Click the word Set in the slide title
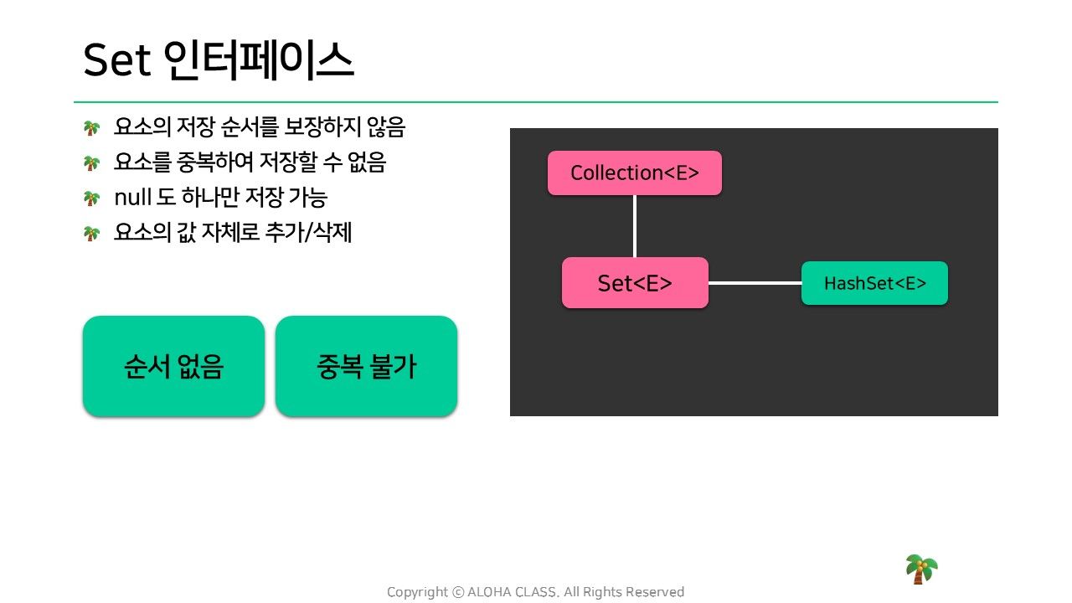[117, 60]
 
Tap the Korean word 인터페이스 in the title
[259, 60]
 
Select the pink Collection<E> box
[635, 173]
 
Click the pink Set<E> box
[635, 283]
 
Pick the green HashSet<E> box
[875, 283]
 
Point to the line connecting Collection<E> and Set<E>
[635, 226]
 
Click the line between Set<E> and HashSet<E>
[755, 283]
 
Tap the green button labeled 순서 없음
[173, 366]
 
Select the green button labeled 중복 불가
[366, 366]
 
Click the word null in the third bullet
[132, 197]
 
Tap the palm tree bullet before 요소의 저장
[91, 128]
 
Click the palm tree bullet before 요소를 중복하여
[91, 163]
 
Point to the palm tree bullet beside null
[91, 198]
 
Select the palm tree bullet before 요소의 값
[91, 234]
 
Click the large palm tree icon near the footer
[921, 569]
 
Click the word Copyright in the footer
[417, 592]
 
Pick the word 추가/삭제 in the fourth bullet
[308, 232]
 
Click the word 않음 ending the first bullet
[386, 126]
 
